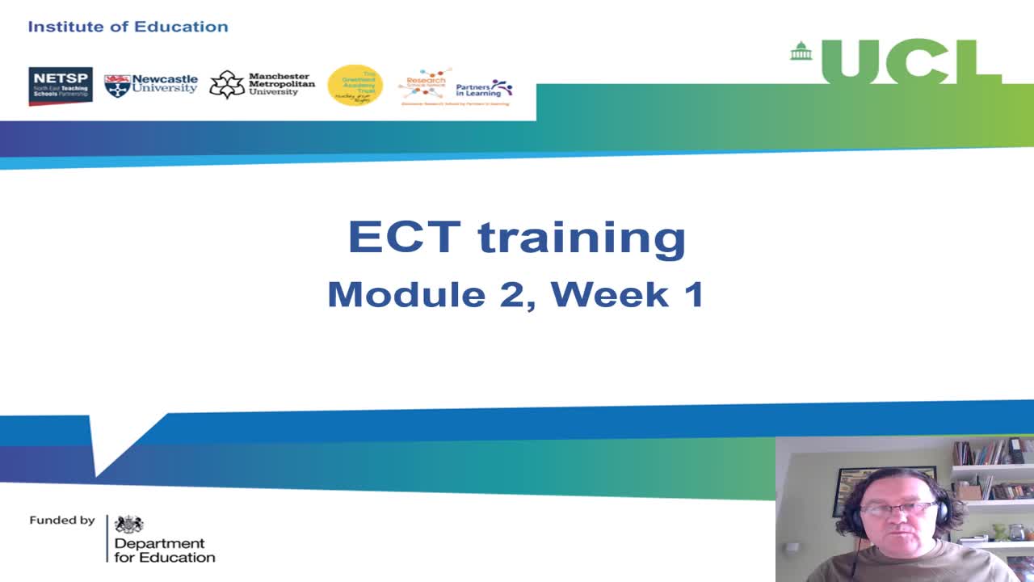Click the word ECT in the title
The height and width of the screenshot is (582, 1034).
pyautogui.click(x=403, y=237)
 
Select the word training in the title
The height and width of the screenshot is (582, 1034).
pyautogui.click(x=582, y=238)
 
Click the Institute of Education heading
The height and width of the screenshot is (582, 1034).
pyautogui.click(x=128, y=27)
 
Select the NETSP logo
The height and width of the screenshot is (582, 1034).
pyautogui.click(x=61, y=86)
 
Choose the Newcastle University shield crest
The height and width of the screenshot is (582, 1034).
pyautogui.click(x=117, y=86)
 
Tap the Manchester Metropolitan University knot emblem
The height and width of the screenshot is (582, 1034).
pyautogui.click(x=227, y=85)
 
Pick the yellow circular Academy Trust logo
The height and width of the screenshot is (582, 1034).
pyautogui.click(x=355, y=85)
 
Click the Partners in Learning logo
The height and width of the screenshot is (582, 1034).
pyautogui.click(x=484, y=88)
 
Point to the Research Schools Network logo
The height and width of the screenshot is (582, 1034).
pyautogui.click(x=425, y=84)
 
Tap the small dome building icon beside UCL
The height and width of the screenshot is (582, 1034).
pyautogui.click(x=801, y=51)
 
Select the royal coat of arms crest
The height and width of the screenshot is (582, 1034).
pyautogui.click(x=128, y=524)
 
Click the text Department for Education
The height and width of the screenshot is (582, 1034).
pyautogui.click(x=164, y=550)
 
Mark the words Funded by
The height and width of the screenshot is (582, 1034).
pyautogui.click(x=62, y=521)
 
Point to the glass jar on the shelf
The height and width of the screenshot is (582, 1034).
pyautogui.click(x=1016, y=532)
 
